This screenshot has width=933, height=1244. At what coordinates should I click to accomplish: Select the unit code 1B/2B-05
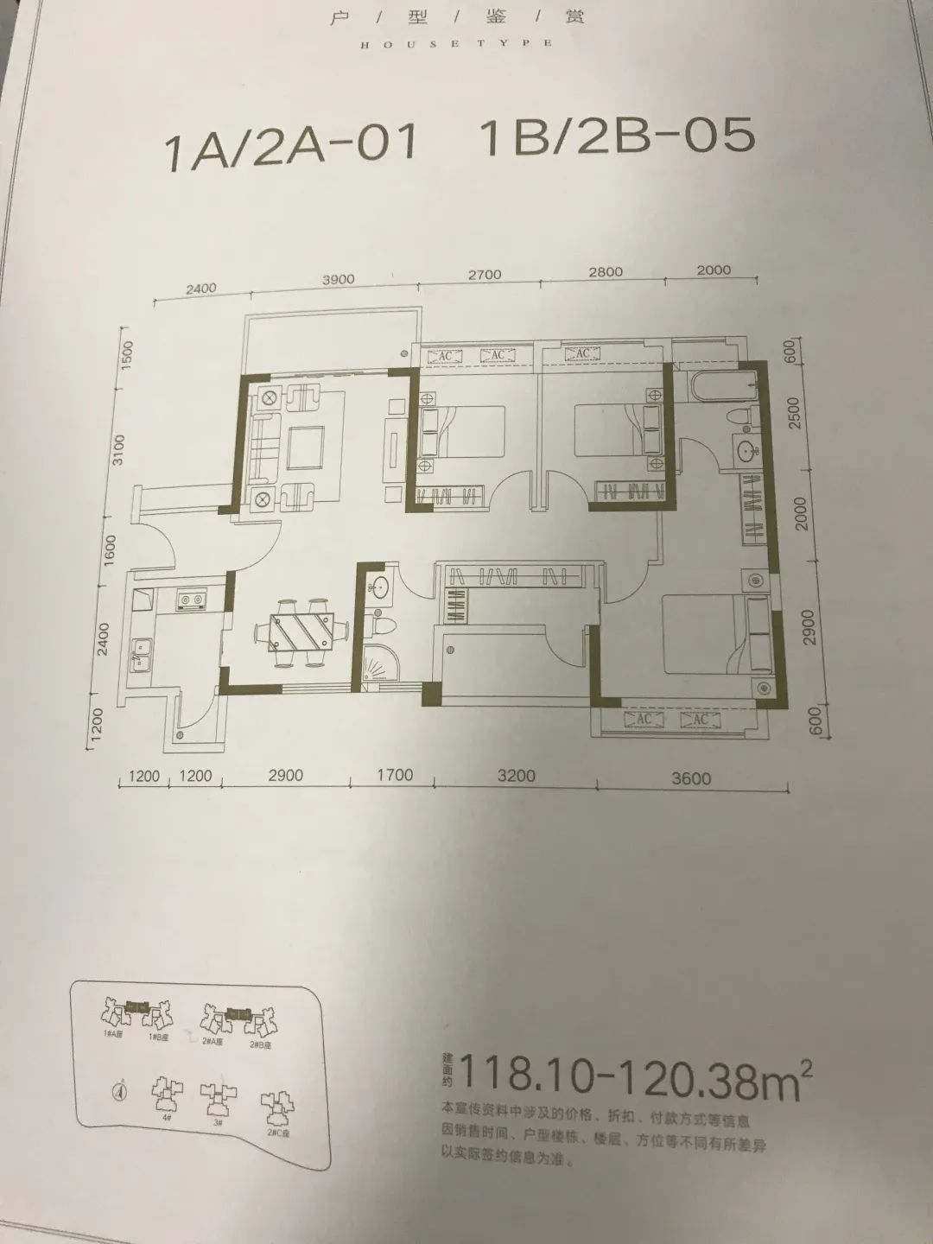(x=614, y=138)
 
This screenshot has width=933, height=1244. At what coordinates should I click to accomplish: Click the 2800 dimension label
(x=605, y=272)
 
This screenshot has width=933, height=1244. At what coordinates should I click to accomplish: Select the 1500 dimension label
(x=124, y=355)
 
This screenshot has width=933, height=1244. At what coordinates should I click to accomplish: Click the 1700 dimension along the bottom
(x=394, y=776)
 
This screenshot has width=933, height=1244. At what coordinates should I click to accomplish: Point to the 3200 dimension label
(x=517, y=776)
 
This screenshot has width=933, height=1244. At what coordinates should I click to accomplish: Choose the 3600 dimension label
(x=691, y=778)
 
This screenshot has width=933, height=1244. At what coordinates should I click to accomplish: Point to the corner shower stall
(x=380, y=667)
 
